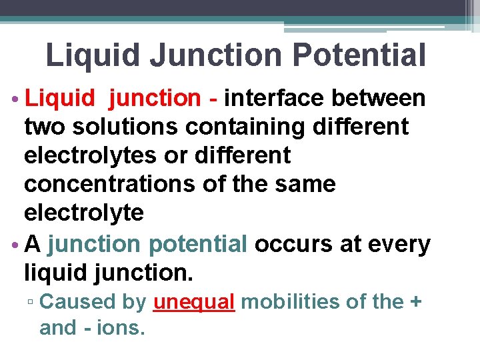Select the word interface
273,98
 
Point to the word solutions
127,127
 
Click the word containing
255,127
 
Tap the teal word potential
198,245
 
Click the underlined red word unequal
194,302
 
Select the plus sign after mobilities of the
415,303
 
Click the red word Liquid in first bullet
60,98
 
